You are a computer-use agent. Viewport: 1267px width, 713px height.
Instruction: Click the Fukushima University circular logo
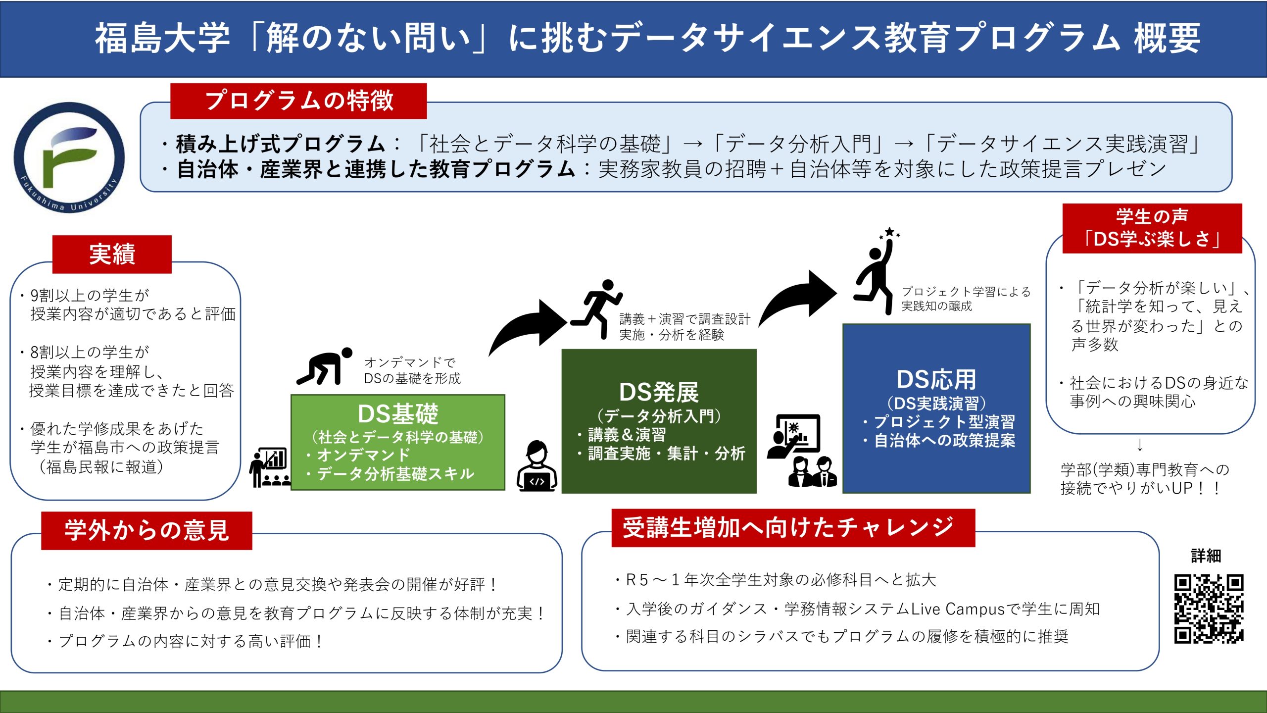69,157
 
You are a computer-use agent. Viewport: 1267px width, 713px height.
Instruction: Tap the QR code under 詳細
1209,609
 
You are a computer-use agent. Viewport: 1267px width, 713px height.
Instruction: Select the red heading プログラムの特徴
298,101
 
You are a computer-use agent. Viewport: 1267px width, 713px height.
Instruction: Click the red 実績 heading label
112,255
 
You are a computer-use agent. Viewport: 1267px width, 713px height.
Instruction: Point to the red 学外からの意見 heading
146,531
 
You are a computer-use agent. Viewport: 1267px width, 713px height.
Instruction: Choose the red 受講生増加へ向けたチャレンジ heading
793,528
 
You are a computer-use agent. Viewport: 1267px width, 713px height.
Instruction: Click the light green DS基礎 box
398,442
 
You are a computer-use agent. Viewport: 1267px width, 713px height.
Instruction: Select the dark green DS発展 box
659,421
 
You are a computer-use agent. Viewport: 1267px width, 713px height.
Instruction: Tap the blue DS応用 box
936,408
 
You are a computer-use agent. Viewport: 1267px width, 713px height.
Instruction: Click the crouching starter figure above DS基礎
325,366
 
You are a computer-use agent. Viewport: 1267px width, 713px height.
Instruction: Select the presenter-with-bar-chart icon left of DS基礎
270,467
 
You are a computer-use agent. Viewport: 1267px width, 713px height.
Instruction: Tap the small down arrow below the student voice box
1140,445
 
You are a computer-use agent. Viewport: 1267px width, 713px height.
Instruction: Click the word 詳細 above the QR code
1206,556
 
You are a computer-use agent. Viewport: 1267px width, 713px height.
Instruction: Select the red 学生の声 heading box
1152,228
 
